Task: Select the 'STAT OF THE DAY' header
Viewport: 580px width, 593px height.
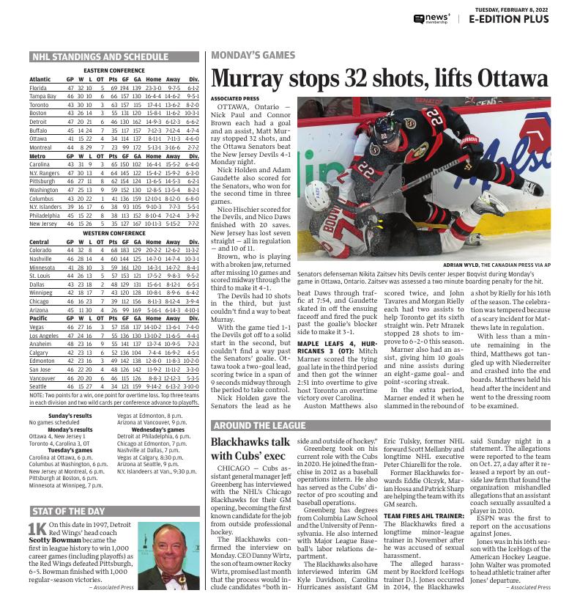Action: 70,511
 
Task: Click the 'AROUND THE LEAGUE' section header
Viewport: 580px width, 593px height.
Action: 259,425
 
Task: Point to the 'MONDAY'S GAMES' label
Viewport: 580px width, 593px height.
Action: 253,55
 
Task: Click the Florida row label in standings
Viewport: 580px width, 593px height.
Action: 38,87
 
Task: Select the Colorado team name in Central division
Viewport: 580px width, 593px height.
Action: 40,250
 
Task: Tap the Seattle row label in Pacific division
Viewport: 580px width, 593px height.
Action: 37,386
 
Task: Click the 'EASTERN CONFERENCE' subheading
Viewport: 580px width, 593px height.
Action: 114,70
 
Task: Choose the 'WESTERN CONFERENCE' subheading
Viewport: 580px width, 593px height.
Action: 114,233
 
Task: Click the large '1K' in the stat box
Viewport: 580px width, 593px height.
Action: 37,529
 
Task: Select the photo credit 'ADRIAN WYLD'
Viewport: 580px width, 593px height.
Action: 463,265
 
